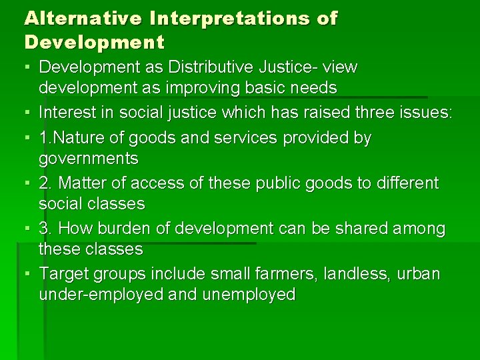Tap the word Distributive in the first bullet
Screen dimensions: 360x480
tap(209, 67)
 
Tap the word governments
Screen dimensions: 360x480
tap(89, 159)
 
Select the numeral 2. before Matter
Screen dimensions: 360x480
tap(46, 183)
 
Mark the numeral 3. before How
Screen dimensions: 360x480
tap(46, 229)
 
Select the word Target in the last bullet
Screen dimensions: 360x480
tap(61, 274)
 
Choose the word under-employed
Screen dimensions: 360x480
tap(101, 295)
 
